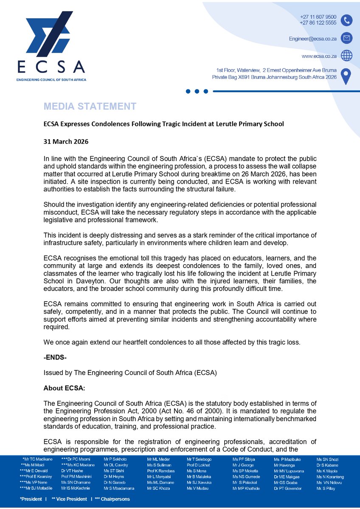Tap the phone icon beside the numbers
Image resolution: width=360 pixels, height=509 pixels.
coord(347,20)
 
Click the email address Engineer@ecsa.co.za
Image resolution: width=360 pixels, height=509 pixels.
coord(313,38)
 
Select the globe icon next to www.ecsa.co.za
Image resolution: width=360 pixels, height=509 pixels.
coord(347,56)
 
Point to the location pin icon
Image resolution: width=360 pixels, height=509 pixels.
coord(347,76)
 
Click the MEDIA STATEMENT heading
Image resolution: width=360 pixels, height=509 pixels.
coord(90,106)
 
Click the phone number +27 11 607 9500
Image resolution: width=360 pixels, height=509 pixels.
coord(318,17)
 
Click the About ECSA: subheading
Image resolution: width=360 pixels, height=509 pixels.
coord(65,388)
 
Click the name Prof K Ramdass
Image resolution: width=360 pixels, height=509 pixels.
coord(161,471)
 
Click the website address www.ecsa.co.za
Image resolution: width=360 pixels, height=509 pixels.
coord(319,56)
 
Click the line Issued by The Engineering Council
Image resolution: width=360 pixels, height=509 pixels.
coord(130,373)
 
